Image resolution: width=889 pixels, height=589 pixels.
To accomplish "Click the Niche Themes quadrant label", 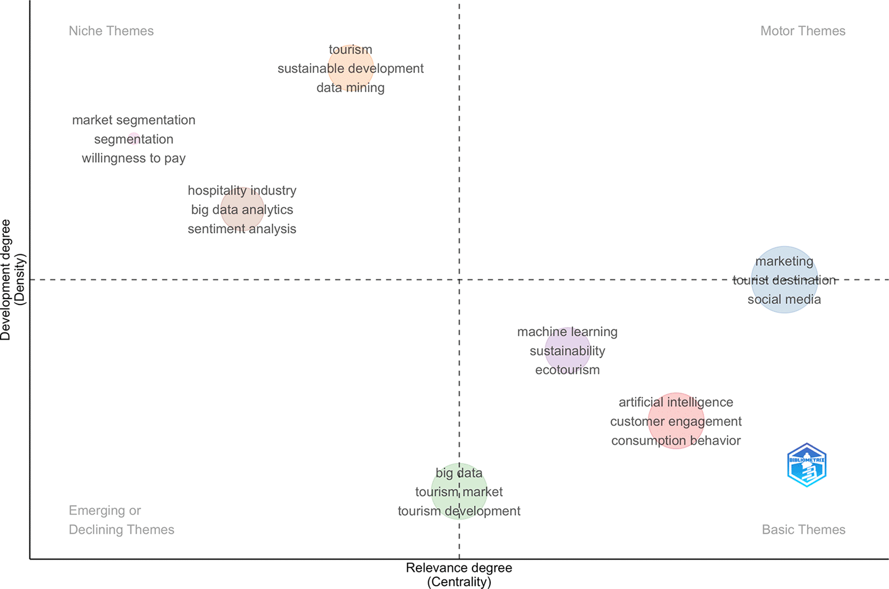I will tap(111, 31).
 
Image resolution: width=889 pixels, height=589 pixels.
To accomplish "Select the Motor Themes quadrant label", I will tap(803, 31).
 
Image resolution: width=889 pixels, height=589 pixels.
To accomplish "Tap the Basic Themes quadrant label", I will tap(803, 530).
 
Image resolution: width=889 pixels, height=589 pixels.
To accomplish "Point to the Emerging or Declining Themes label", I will tap(121, 520).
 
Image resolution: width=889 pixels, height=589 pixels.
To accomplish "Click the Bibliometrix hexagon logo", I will tap(807, 465).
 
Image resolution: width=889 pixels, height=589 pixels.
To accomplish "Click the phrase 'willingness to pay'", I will tap(133, 158).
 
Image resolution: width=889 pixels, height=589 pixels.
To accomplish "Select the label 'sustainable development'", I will tap(350, 68).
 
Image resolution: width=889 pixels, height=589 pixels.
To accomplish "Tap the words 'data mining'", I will tap(350, 88).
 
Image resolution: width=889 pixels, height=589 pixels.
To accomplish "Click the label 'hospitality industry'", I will tap(242, 191).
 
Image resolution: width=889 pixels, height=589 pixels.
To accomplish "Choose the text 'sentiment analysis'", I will tap(242, 229).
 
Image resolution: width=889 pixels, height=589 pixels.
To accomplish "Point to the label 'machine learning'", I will tap(567, 332).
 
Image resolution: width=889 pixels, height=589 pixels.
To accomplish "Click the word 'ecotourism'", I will tap(567, 370).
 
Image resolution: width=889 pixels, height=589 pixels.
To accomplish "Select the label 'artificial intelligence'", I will tap(675, 402).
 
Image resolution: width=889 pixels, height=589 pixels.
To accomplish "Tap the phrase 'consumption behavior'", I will tap(675, 441).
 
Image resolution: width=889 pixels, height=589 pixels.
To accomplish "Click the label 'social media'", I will tap(784, 300).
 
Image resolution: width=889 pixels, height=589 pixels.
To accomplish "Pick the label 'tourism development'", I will tap(459, 511).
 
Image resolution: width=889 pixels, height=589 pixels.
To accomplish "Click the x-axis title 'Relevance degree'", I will tap(459, 568).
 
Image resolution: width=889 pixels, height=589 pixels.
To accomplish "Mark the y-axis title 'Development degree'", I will tap(6, 280).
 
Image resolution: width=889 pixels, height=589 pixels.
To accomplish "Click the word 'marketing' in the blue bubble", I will tap(784, 261).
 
